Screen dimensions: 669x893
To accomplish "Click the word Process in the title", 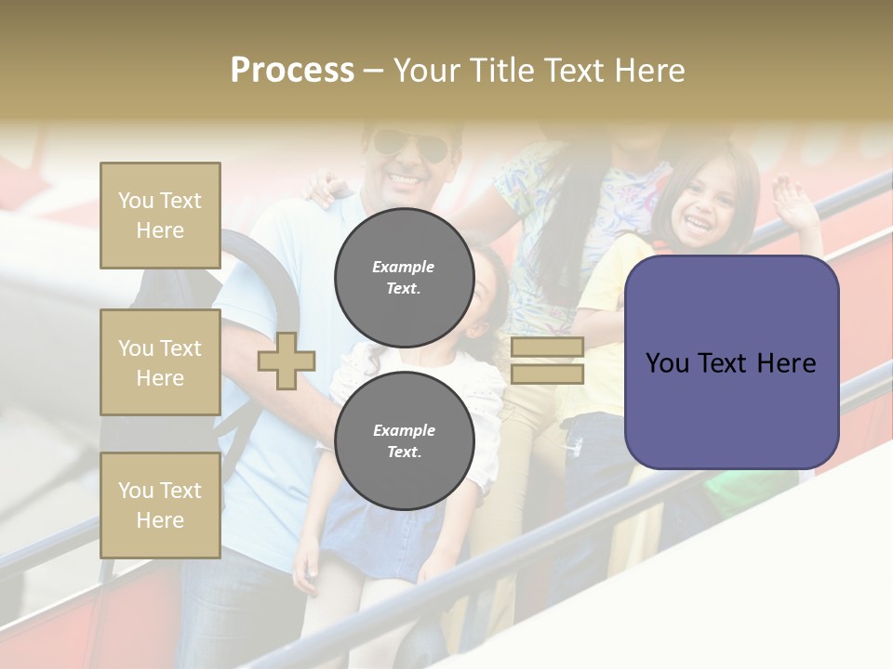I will pos(292,71).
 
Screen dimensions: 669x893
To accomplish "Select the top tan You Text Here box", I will pos(160,216).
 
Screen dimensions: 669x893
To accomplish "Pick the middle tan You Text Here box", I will pos(160,362).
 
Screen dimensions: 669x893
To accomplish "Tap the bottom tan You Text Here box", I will pos(160,505).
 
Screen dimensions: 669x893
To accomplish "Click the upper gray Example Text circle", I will pos(405,277).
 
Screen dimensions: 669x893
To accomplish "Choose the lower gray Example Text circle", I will pos(405,440).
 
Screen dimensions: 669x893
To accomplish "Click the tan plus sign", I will pos(287,361).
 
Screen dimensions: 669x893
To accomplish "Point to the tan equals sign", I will pos(548,361).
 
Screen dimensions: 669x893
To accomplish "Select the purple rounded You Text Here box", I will pos(731,362).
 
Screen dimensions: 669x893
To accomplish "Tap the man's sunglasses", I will pos(409,145).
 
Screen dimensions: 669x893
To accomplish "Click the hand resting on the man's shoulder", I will pos(323,188).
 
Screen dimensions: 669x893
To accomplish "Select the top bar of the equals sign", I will pos(548,348).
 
